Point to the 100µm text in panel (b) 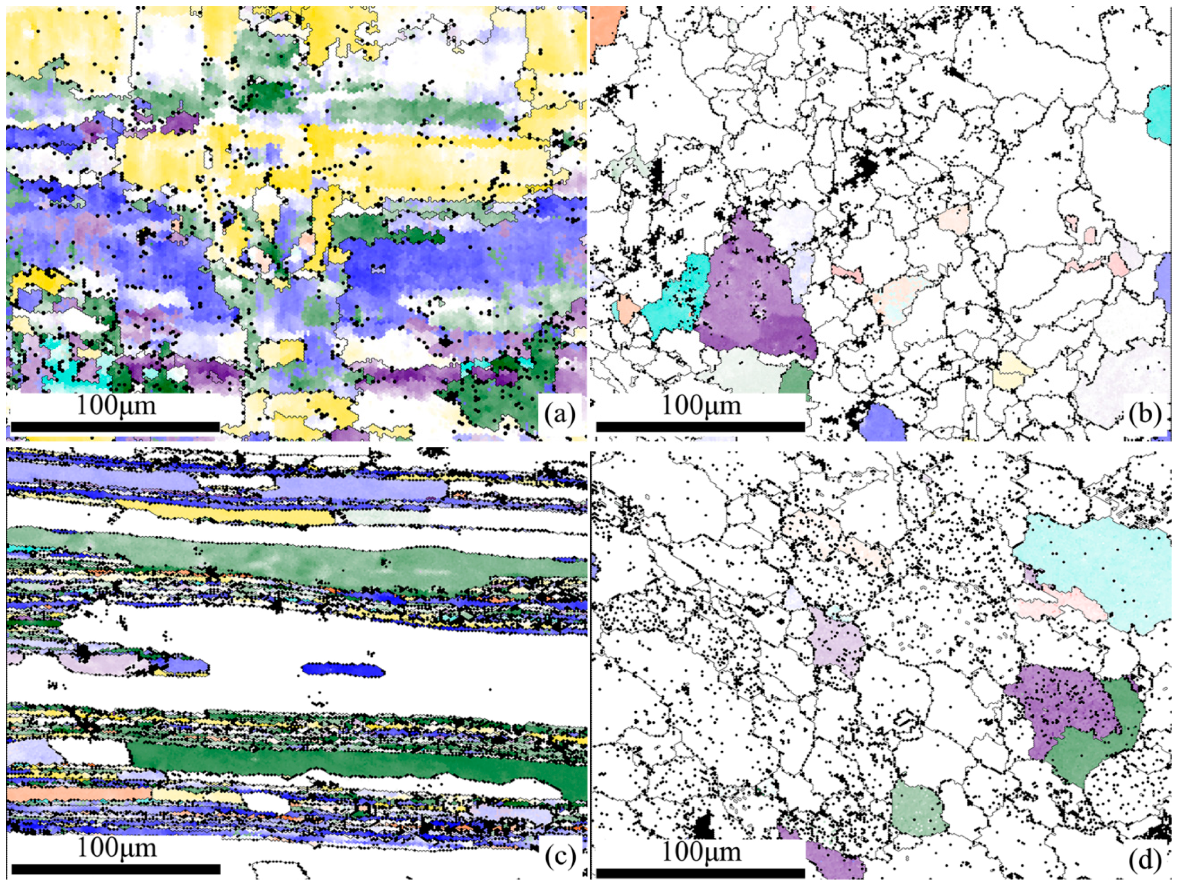(x=701, y=406)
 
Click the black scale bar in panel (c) (x=115, y=869)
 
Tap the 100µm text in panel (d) (x=701, y=852)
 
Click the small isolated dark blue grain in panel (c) (x=343, y=669)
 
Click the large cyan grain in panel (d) (x=1094, y=571)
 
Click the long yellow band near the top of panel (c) (x=224, y=514)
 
